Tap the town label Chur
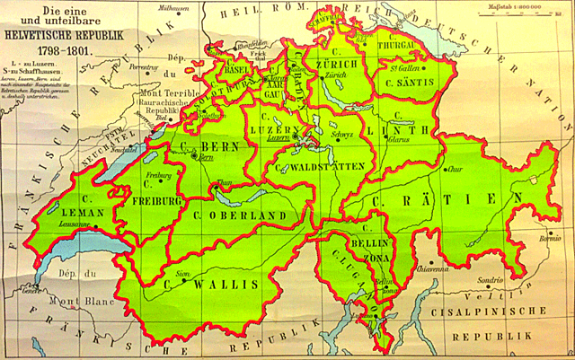(457, 167)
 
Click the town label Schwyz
(342, 134)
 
